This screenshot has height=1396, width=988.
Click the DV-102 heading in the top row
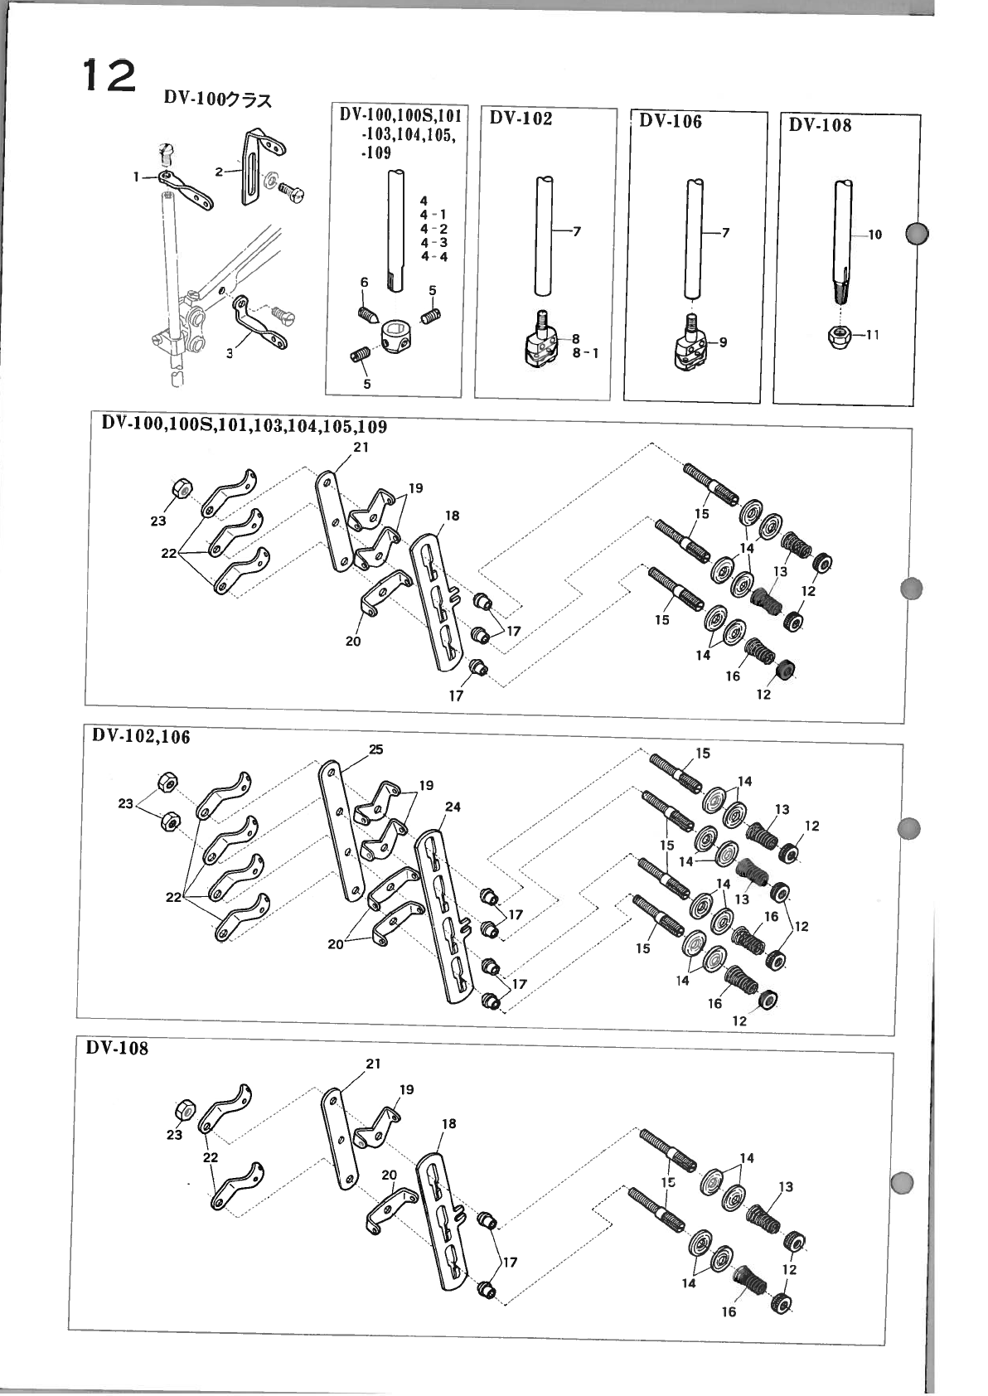521,119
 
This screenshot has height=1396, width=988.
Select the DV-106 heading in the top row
671,122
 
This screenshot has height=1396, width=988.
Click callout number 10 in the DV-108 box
874,235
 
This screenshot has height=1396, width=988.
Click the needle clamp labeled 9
688,347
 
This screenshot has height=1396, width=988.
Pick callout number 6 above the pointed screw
364,283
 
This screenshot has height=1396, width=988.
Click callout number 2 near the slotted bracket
219,172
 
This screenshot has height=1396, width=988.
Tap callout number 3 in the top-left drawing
230,351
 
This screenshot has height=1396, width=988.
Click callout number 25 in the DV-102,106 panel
375,749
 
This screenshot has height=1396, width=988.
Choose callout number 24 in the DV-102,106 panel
453,807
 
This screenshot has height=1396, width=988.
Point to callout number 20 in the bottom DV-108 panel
390,1175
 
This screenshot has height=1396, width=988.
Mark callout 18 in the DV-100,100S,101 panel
452,516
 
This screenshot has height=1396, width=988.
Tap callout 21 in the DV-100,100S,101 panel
361,448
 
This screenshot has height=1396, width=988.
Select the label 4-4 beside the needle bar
433,257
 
